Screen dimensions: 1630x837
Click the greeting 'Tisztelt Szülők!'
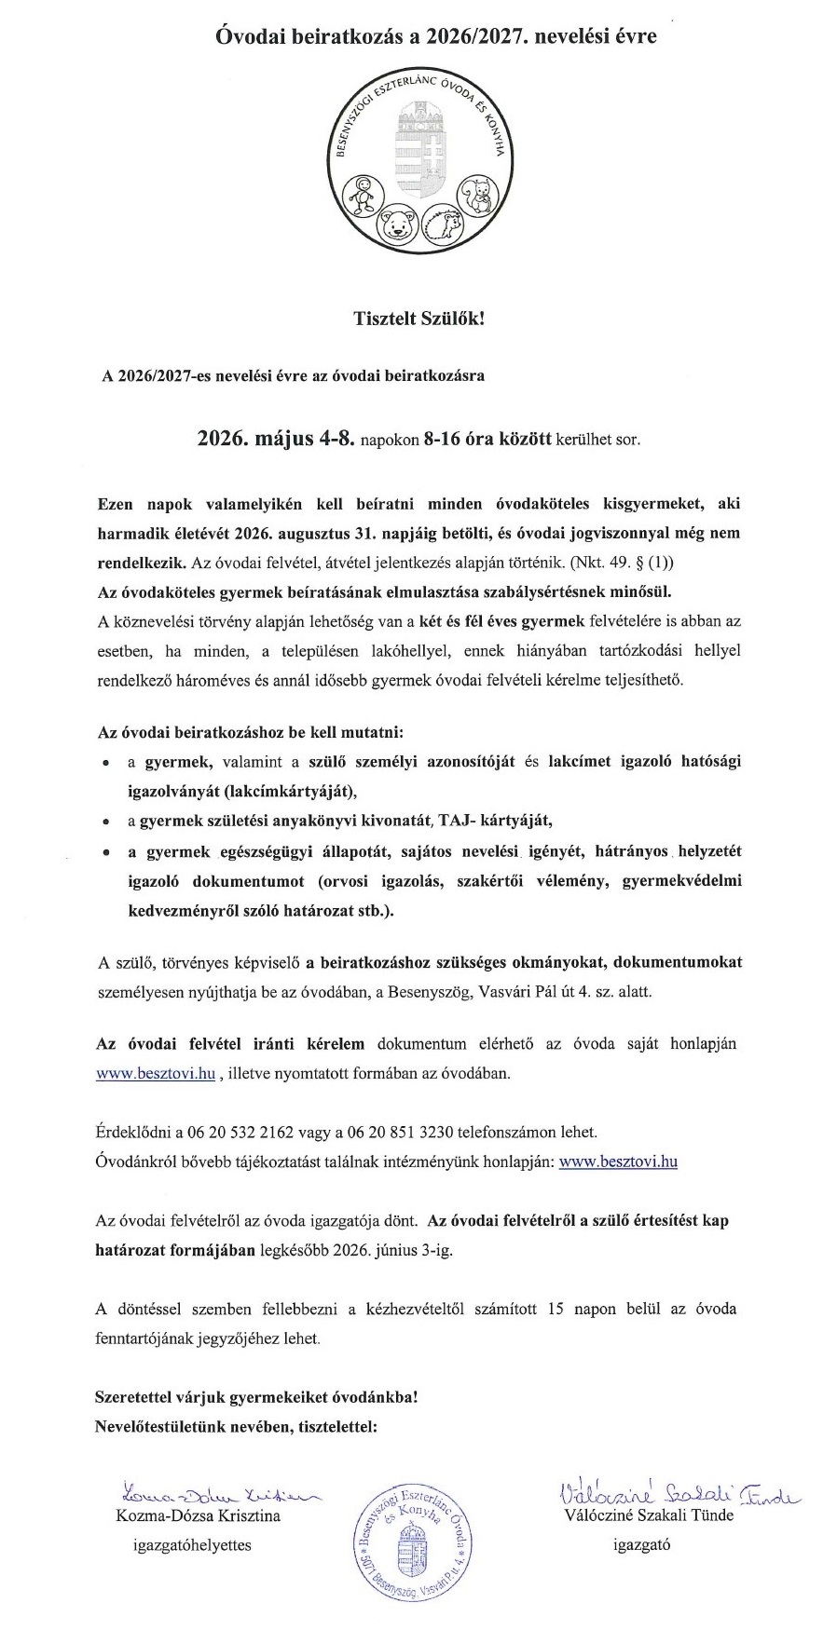tap(418, 319)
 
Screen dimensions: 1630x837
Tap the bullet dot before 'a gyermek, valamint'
tap(108, 763)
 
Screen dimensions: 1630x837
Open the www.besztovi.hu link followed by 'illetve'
tap(156, 1072)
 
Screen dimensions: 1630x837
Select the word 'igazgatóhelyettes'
tap(192, 1544)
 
